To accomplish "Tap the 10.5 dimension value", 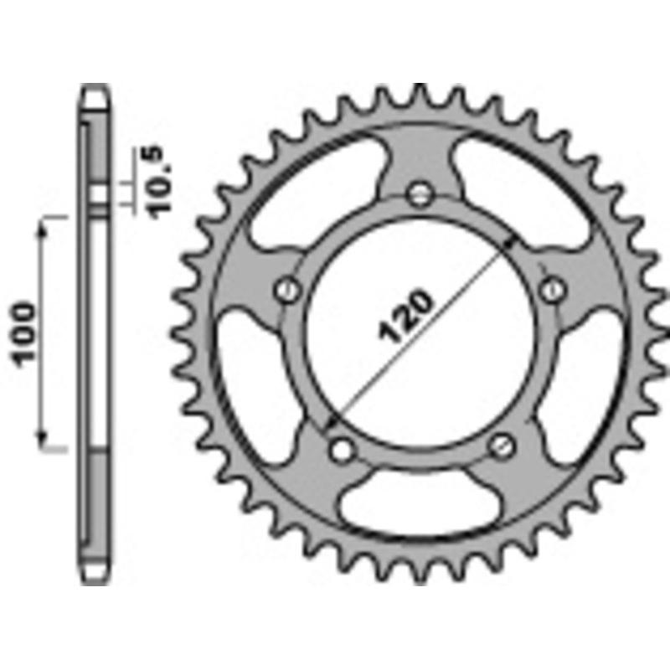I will click(158, 181).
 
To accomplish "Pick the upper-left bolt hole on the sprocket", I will click(287, 290).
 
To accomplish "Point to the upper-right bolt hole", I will click(552, 290).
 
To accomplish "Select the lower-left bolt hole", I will click(339, 450).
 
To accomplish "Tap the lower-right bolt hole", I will click(502, 445).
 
